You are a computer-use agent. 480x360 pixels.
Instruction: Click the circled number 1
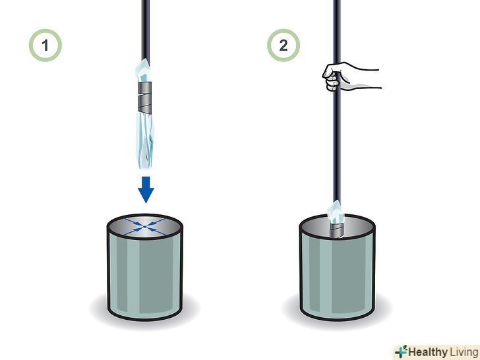point(45,45)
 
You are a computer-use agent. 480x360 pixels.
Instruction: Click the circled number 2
point(284,45)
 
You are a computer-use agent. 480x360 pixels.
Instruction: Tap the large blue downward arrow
point(146,190)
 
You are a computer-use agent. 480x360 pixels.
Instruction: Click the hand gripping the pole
point(349,76)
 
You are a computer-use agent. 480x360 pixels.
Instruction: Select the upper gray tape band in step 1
point(144,88)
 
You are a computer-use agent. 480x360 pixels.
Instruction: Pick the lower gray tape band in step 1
point(145,104)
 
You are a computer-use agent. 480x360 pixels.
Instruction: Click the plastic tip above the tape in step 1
point(143,70)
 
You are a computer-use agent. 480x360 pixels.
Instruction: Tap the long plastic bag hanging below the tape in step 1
point(145,141)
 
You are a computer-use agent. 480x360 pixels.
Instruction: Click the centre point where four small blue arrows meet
point(145,227)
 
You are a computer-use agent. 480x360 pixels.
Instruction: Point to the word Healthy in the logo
point(428,352)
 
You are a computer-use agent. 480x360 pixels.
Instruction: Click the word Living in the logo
point(464,352)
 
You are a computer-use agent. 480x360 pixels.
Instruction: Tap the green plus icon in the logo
point(401,351)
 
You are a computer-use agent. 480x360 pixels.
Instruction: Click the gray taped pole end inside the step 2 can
point(337,230)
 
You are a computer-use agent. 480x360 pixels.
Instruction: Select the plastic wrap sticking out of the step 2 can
point(336,212)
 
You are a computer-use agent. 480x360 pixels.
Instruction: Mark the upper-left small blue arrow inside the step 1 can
point(134,222)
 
